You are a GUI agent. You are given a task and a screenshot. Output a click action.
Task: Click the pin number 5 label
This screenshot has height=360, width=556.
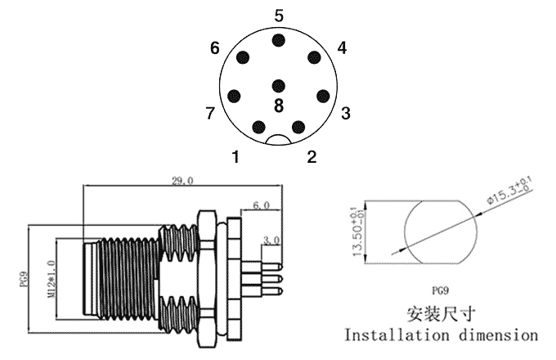coord(279,15)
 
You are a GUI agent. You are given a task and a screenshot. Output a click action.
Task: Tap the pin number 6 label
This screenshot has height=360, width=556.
coord(215,48)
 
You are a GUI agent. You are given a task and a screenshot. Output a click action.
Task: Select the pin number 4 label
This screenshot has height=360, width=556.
coord(342,48)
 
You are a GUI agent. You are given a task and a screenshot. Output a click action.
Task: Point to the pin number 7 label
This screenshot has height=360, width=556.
coord(211,112)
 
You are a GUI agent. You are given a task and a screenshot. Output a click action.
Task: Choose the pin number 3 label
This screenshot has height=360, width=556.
coord(346,113)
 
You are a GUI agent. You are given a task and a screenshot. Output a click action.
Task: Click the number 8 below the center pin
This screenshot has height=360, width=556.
coord(279,106)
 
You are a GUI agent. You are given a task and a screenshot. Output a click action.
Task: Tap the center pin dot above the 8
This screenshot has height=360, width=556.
coord(279,85)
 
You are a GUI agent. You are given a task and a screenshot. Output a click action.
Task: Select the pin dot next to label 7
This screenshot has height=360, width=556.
coord(235,95)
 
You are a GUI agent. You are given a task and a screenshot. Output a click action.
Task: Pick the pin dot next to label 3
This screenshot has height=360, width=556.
coord(323,95)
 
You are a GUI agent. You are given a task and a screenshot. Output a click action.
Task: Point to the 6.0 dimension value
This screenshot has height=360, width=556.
coord(262,205)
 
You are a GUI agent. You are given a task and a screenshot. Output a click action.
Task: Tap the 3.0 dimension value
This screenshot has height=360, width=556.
coord(272,241)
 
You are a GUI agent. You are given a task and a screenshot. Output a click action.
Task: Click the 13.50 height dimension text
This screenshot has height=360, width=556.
coord(357,232)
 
